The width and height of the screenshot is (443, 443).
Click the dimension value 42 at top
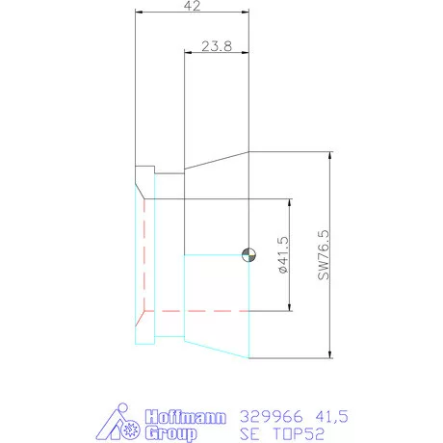click(193, 6)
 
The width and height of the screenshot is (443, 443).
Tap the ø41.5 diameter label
click(282, 256)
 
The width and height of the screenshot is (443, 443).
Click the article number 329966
click(266, 416)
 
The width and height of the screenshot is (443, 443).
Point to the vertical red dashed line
click(143, 255)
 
